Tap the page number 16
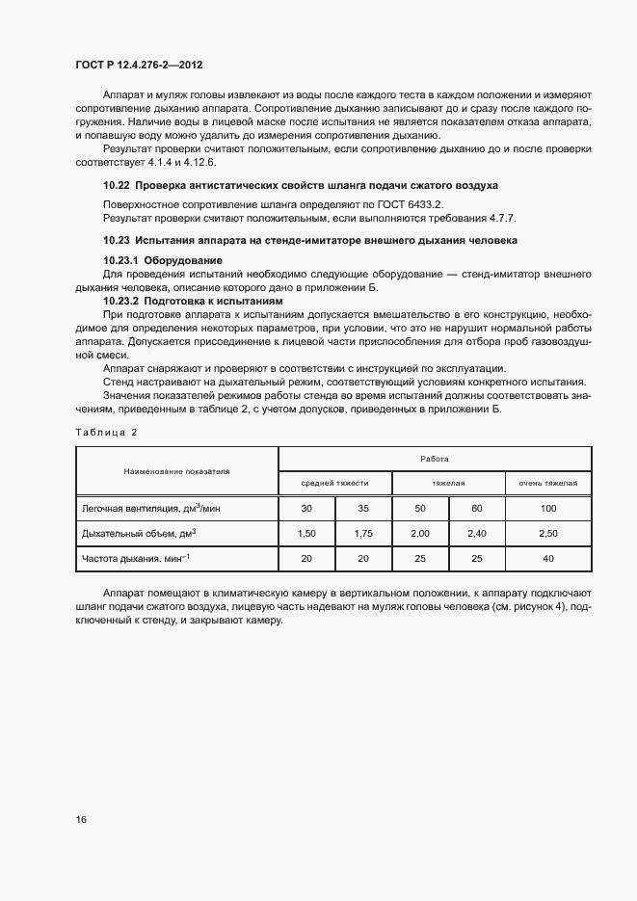(81, 820)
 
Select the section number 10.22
(116, 185)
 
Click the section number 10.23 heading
(116, 240)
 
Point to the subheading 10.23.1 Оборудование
(163, 261)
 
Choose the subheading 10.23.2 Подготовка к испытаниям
(193, 302)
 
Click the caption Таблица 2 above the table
(106, 433)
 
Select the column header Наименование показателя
(176, 470)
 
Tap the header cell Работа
(435, 459)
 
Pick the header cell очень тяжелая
(548, 483)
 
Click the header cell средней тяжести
(334, 483)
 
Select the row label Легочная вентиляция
(140, 508)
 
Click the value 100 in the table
(548, 508)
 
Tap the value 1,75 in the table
(362, 533)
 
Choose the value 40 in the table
(548, 558)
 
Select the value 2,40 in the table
(477, 533)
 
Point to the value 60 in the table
(477, 508)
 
